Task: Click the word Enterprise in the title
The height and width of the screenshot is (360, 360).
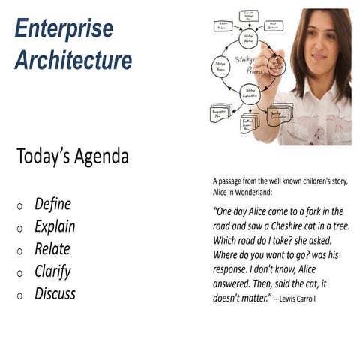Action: [x=64, y=28]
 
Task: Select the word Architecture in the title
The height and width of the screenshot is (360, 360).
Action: [x=73, y=59]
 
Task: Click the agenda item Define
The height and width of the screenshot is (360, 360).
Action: [x=52, y=204]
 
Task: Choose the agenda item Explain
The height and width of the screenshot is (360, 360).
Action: [x=55, y=226]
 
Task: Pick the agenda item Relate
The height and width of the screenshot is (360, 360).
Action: [x=52, y=249]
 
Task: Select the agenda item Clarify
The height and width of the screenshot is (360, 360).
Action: [x=52, y=271]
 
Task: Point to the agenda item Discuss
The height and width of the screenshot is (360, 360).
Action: [x=55, y=293]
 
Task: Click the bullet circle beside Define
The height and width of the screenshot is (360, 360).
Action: [x=19, y=205]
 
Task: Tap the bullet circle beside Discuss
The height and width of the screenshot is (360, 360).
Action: [x=19, y=295]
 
